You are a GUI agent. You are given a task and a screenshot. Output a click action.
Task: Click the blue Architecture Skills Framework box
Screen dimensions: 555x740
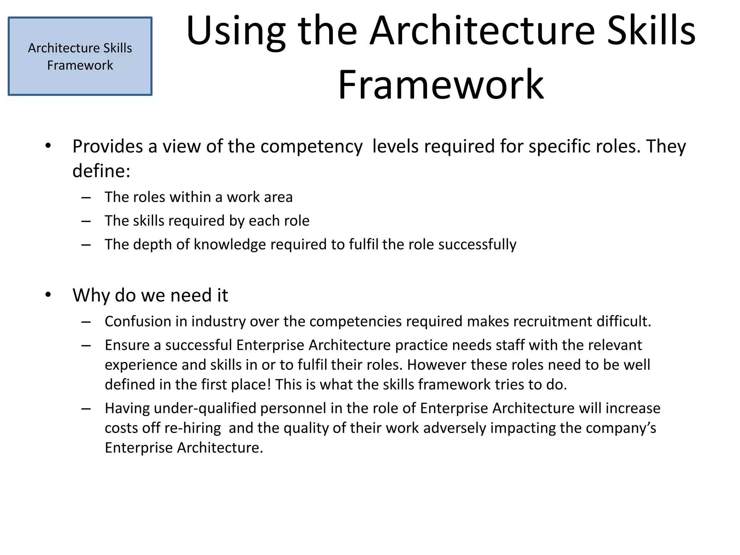80,56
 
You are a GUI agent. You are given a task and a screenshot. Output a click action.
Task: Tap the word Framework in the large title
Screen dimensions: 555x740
440,85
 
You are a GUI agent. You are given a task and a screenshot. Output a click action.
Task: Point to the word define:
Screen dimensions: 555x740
101,171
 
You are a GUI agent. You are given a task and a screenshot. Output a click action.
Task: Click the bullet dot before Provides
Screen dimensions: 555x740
48,146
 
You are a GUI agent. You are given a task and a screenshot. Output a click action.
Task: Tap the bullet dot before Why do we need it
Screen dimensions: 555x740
48,295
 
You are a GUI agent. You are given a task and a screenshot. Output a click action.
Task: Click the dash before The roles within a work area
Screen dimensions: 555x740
86,197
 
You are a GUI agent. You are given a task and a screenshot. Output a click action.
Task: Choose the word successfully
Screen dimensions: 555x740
477,245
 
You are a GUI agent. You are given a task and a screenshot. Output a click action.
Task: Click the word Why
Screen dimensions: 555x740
91,295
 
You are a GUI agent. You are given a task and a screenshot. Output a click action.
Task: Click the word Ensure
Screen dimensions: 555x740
127,345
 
